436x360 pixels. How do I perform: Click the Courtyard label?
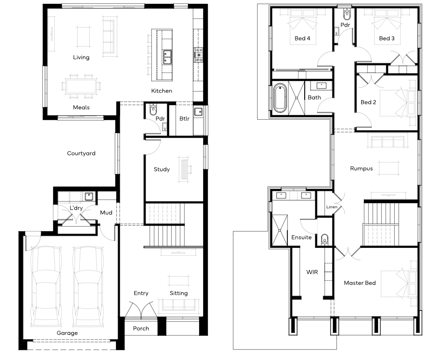(x=81, y=153)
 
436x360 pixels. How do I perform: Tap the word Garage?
(x=67, y=333)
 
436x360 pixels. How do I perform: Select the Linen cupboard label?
(x=332, y=207)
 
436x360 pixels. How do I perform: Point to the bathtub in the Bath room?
(x=280, y=98)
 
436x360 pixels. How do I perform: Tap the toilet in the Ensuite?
(x=325, y=239)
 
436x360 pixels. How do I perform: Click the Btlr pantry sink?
(x=199, y=112)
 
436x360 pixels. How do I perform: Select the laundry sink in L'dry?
(x=89, y=196)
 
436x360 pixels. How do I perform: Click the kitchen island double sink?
(x=167, y=57)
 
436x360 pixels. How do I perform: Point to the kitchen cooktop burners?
(x=199, y=55)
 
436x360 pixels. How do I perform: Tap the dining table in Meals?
(x=81, y=86)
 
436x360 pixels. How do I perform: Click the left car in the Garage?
(x=46, y=286)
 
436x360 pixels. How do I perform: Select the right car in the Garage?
(x=88, y=286)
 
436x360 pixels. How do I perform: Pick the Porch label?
(x=141, y=328)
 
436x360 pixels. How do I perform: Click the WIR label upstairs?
(x=312, y=272)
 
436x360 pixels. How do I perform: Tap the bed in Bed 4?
(x=303, y=20)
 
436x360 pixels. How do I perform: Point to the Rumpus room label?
(x=361, y=169)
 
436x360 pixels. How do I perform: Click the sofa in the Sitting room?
(x=179, y=305)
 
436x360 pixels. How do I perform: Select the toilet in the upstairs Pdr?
(x=347, y=13)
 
